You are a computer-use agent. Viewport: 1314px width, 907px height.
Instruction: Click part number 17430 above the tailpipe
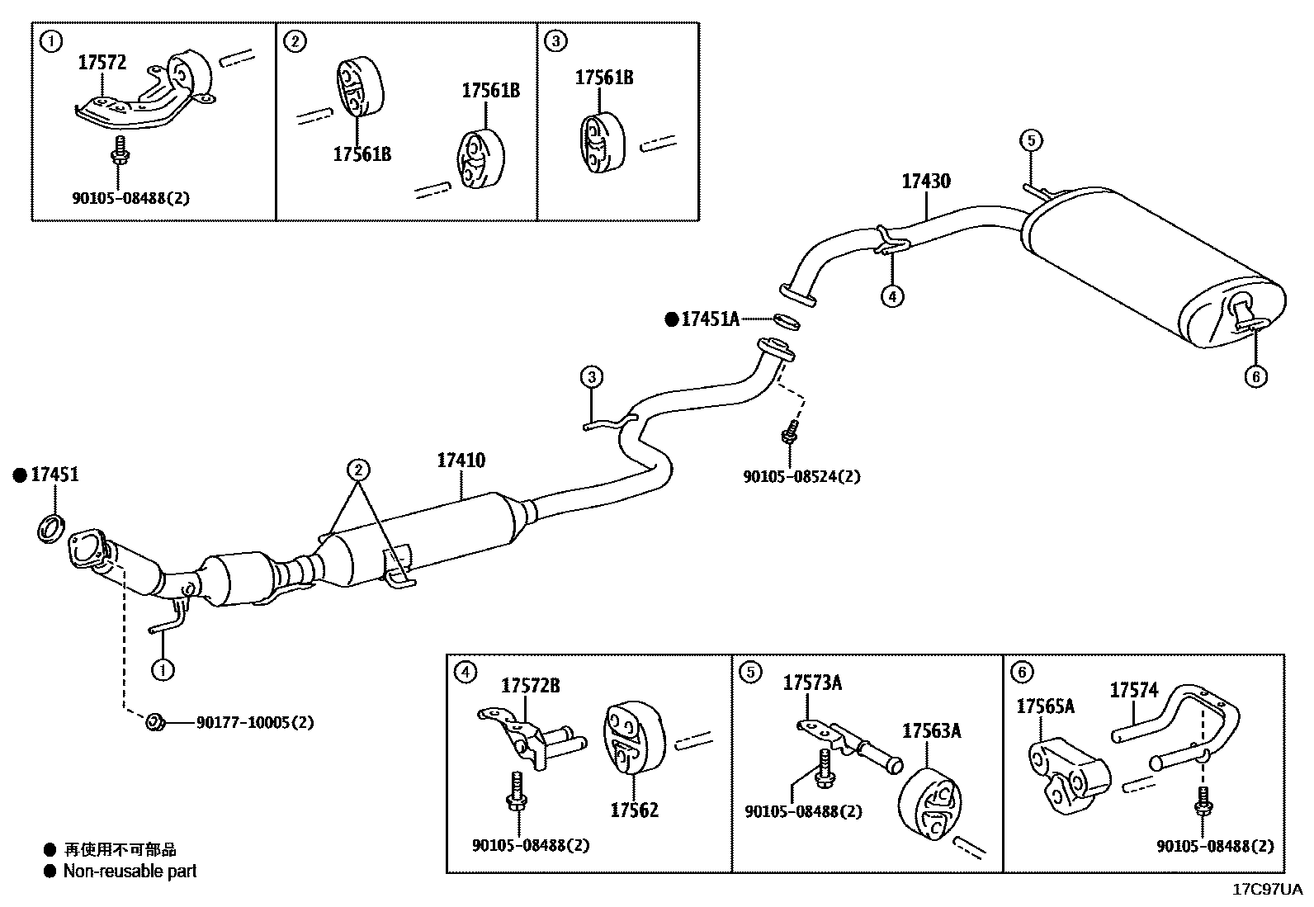(x=925, y=181)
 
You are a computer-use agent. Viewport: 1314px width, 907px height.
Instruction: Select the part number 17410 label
(x=461, y=461)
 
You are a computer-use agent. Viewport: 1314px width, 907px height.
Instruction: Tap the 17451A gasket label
(x=710, y=319)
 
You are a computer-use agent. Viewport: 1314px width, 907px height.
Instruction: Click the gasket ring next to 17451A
(x=786, y=320)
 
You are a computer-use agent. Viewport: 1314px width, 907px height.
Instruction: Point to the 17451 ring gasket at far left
(x=50, y=527)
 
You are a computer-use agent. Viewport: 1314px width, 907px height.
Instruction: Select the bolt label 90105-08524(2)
(x=801, y=476)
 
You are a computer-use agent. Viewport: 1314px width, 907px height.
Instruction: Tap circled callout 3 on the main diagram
(x=591, y=378)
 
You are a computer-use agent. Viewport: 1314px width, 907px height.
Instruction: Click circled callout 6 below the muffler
(x=1255, y=377)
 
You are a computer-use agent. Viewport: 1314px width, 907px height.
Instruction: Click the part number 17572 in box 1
(x=102, y=62)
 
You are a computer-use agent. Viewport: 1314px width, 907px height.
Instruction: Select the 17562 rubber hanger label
(x=634, y=810)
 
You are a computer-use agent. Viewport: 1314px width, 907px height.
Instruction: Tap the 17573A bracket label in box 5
(x=812, y=683)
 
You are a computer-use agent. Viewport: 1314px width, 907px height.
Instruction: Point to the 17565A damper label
(x=1044, y=706)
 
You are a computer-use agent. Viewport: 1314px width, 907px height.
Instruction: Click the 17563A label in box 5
(x=931, y=731)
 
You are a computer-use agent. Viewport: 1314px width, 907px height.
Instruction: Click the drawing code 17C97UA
(x=1267, y=889)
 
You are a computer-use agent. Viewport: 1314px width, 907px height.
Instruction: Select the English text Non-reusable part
(x=130, y=871)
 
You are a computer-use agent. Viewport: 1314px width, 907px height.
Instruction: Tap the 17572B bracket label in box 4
(x=531, y=685)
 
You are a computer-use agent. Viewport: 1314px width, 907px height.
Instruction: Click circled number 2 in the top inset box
(x=295, y=41)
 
